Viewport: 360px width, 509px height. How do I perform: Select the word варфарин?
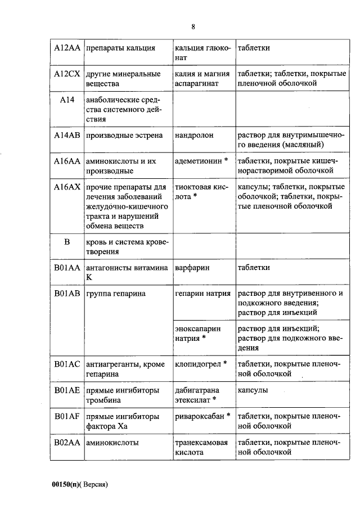point(192,268)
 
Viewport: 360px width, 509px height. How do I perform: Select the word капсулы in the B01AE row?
point(253,390)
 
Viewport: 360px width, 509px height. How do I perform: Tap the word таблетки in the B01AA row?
point(254,268)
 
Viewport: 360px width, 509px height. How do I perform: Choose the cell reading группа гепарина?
point(116,293)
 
